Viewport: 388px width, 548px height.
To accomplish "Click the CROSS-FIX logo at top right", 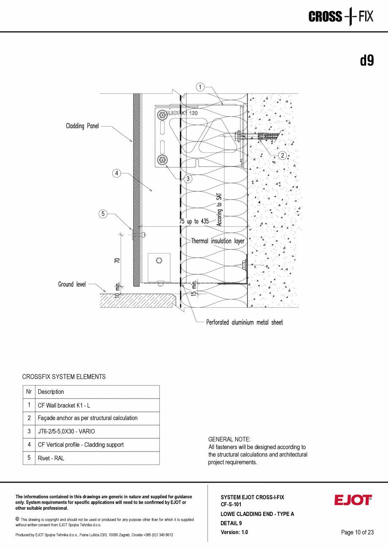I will point(341,17).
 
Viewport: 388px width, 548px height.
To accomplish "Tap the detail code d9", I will point(366,61).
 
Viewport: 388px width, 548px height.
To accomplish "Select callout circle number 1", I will point(200,87).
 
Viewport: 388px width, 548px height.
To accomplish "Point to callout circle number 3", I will point(188,179).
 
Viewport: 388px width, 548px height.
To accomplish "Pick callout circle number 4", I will point(117,173).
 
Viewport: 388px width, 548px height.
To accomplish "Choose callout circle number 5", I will point(103,214).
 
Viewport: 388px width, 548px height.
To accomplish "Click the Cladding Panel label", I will point(82,126).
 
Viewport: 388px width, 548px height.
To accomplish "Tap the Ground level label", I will point(72,285).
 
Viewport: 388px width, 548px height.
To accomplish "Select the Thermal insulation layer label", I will point(218,241).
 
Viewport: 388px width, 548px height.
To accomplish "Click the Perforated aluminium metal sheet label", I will point(244,322).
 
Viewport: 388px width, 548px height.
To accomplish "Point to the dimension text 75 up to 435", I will point(194,222).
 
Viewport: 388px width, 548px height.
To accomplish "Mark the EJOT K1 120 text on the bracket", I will point(182,113).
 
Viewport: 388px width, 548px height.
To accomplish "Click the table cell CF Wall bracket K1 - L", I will point(64,405).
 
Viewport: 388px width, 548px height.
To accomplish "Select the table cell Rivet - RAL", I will point(51,458).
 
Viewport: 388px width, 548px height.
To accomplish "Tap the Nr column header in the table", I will point(29,392).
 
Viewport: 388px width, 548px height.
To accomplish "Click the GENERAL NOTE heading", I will point(229,439).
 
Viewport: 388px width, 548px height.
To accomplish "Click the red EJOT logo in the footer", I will point(353,500).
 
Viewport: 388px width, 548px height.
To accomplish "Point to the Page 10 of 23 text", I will point(357,532).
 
